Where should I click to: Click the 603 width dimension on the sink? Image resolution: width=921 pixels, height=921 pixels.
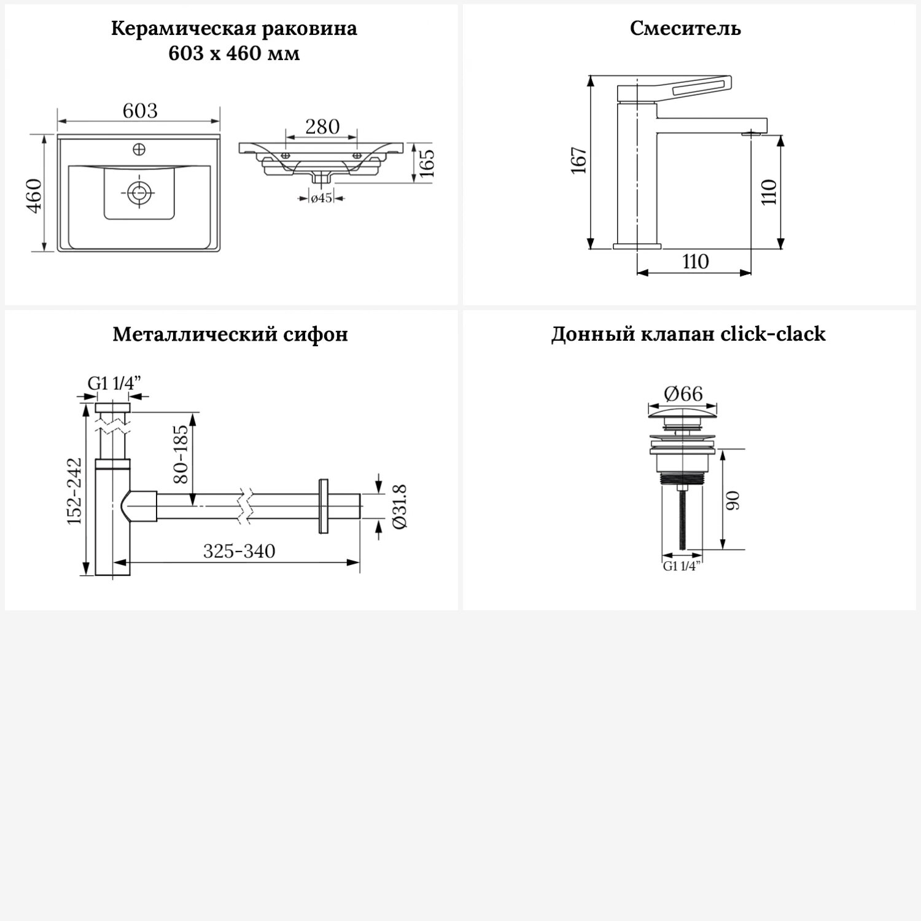pos(140,111)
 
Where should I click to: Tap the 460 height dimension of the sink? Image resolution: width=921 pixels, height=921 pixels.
pos(34,195)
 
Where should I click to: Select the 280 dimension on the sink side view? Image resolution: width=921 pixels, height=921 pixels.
pos(322,127)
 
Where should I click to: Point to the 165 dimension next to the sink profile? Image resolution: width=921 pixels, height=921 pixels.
pos(427,163)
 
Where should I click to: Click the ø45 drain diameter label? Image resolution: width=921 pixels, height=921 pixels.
pos(322,198)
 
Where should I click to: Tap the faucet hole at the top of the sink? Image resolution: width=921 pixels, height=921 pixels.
pos(139,149)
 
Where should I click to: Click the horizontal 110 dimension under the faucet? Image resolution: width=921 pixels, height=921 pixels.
pos(695,262)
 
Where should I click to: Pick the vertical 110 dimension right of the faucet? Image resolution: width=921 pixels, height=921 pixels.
pos(770,192)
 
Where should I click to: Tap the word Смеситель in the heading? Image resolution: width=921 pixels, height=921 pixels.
pos(685,29)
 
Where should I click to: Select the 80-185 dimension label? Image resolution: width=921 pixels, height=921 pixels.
pos(182,454)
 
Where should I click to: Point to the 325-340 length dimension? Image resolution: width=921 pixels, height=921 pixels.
pos(239,551)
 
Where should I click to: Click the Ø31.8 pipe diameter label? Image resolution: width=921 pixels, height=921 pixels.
pos(400,507)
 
